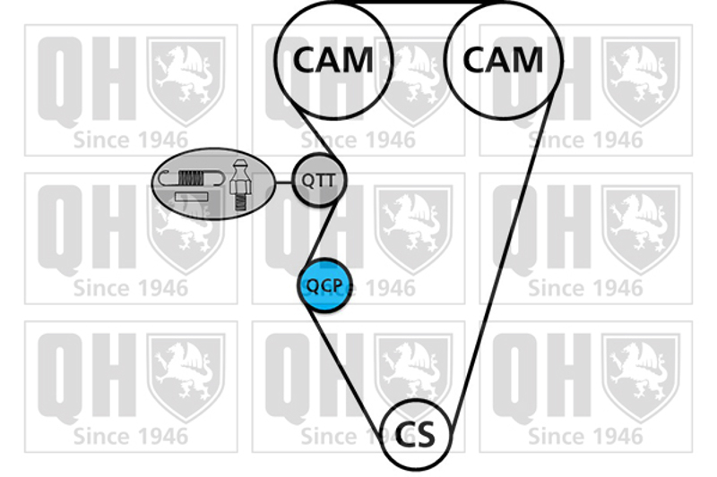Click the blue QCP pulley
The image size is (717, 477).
click(x=324, y=286)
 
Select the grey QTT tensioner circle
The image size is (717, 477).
click(x=318, y=181)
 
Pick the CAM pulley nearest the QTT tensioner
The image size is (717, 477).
click(x=333, y=60)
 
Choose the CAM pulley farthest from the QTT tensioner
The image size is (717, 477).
click(x=503, y=60)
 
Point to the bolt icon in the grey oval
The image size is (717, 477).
click(x=240, y=183)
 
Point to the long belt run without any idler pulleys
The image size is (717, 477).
click(x=502, y=260)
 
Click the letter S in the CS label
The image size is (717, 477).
click(x=427, y=435)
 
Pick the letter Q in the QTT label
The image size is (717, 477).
click(x=307, y=181)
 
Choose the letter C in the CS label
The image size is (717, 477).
click(x=404, y=435)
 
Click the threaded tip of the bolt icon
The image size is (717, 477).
click(x=239, y=200)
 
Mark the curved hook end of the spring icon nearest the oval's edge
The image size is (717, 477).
click(x=163, y=177)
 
